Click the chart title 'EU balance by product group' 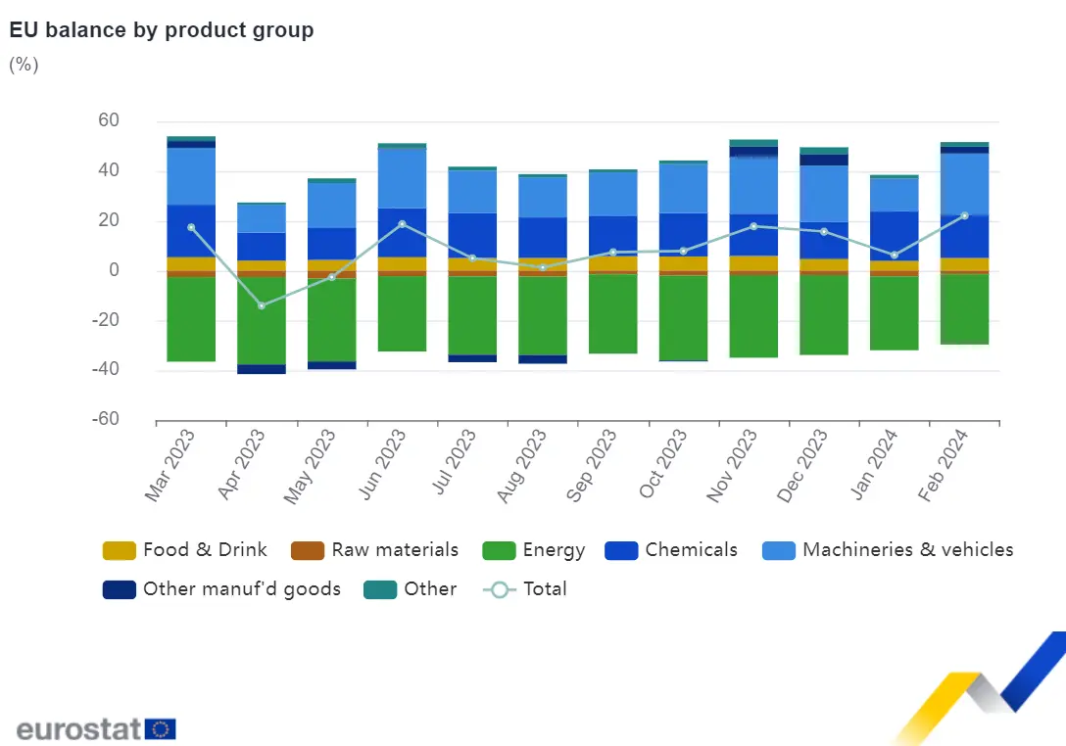(162, 30)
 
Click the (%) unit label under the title (24, 65)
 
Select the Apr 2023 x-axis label (243, 465)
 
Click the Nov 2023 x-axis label (732, 465)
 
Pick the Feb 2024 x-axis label (944, 465)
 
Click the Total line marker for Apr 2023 (262, 305)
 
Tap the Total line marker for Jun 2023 (403, 224)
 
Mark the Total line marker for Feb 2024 (964, 215)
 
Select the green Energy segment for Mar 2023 (191, 318)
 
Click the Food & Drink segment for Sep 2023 (613, 263)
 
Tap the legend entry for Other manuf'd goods (222, 589)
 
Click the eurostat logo (96, 728)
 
